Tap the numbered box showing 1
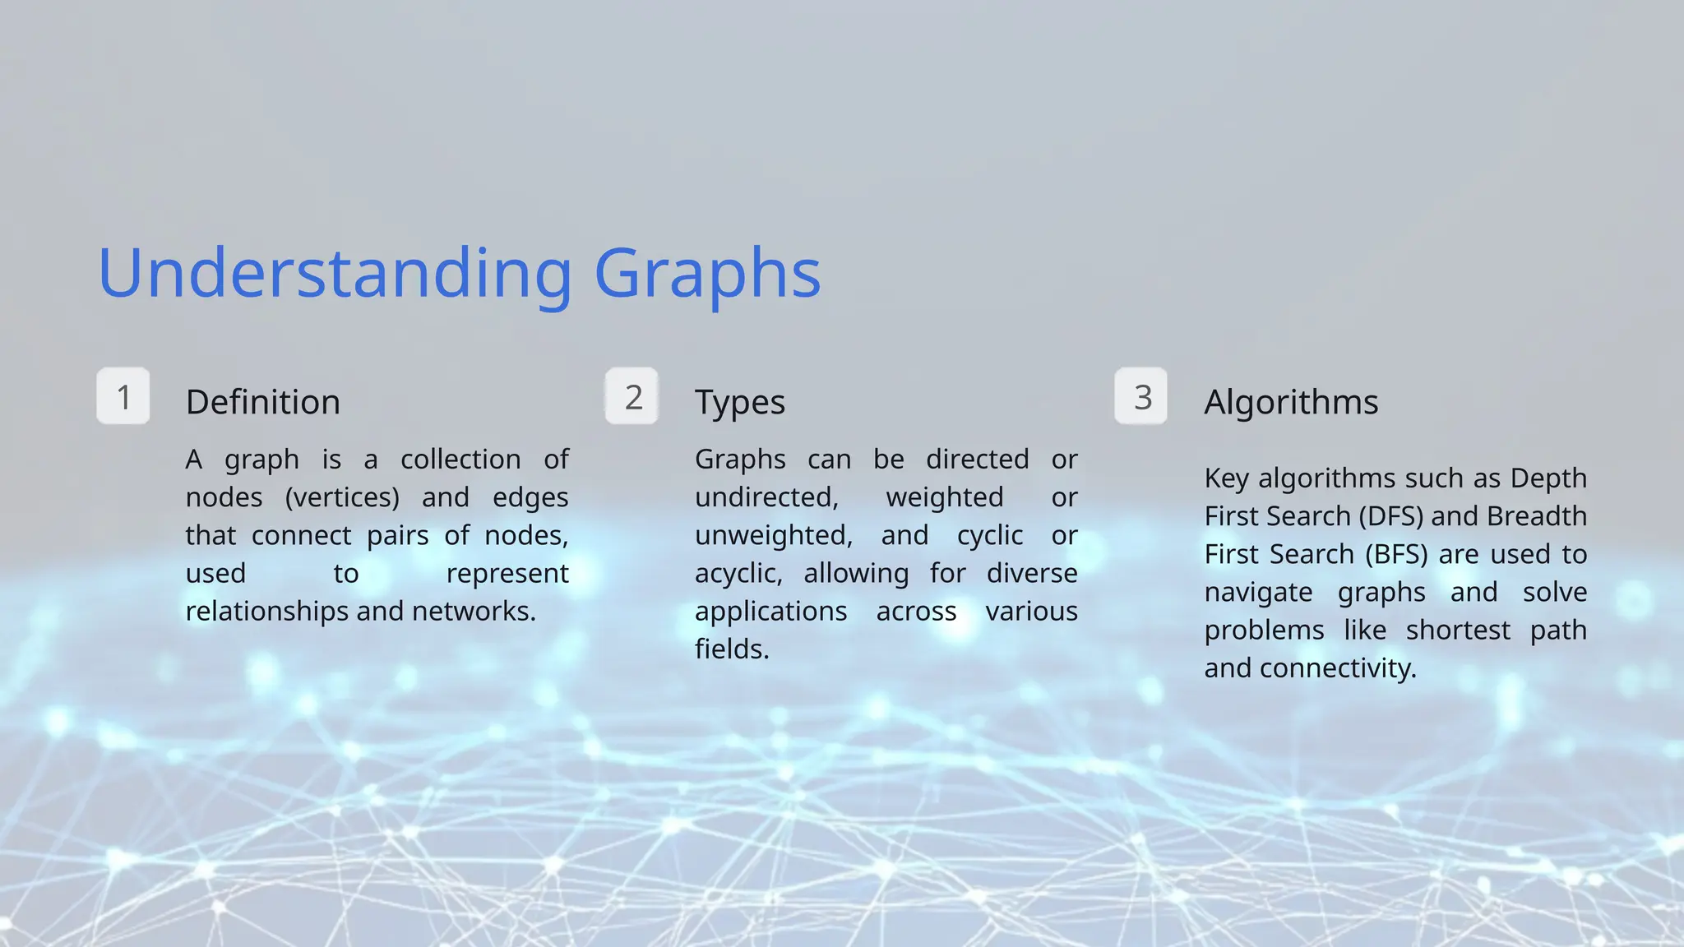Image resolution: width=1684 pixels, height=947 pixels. [x=123, y=397]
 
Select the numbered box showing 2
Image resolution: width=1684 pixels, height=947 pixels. [x=632, y=397]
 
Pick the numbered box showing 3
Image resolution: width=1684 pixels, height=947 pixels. [x=1141, y=397]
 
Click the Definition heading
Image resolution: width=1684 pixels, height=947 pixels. [x=263, y=402]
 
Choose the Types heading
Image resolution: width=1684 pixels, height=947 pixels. [x=740, y=403]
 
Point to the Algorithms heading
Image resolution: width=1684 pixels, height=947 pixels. [x=1291, y=402]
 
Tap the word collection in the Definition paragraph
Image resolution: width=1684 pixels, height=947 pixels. [x=460, y=459]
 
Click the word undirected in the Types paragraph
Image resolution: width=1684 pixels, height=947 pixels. [x=766, y=497]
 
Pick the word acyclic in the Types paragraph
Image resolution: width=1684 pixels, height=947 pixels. [x=738, y=574]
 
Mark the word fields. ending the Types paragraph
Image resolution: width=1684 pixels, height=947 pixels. [x=732, y=649]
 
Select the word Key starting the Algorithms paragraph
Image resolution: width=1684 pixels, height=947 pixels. [x=1226, y=478]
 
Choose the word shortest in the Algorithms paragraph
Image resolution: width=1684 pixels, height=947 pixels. [x=1458, y=631]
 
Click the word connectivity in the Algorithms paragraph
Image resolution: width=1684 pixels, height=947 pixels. [x=1338, y=668]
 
